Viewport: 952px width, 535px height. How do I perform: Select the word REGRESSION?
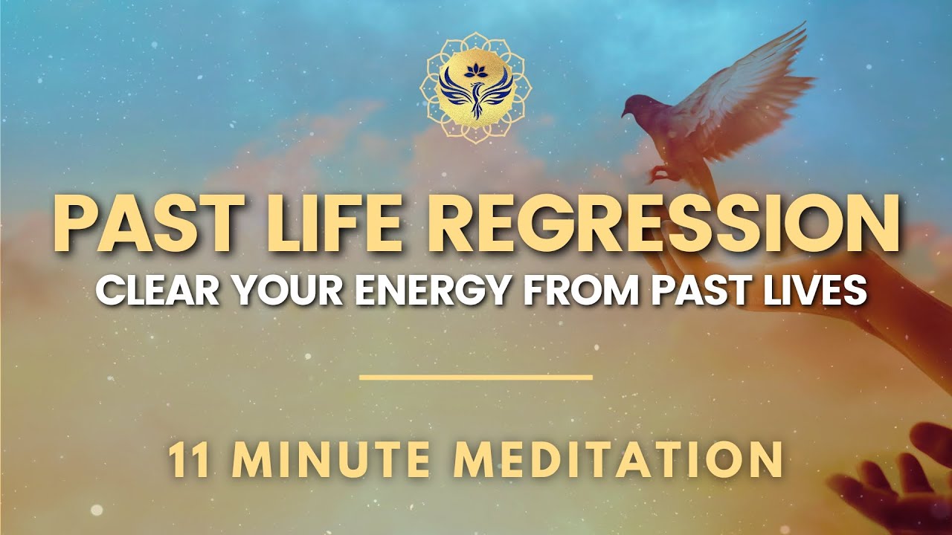pyautogui.click(x=646, y=223)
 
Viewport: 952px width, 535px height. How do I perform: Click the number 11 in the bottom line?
pyautogui.click(x=188, y=460)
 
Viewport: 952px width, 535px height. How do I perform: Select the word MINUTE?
pyautogui.click(x=330, y=460)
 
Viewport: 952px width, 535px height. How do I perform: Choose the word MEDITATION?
pyautogui.click(x=618, y=460)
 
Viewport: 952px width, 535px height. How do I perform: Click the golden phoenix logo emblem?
pyautogui.click(x=476, y=87)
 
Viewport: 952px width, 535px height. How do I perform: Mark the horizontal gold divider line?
pyautogui.click(x=476, y=377)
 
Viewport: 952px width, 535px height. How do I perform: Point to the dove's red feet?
pyautogui.click(x=660, y=174)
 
